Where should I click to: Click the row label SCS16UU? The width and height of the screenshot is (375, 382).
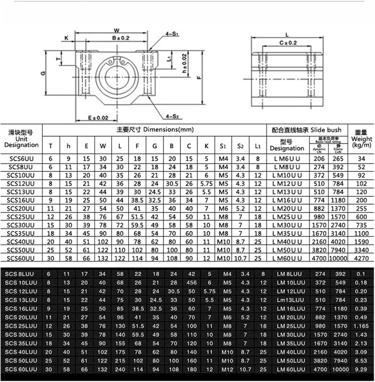[20, 200]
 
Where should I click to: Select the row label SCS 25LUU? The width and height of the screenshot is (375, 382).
[21, 326]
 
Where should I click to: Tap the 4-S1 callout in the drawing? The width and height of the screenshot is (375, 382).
[172, 34]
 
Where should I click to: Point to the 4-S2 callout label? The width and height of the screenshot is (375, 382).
[172, 116]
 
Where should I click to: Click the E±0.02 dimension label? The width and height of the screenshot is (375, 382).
[98, 118]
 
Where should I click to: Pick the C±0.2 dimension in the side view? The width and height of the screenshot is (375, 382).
[288, 43]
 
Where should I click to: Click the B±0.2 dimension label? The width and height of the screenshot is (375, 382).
[121, 38]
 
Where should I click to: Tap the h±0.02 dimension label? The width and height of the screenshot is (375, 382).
[184, 63]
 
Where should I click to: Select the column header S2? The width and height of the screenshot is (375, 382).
[240, 146]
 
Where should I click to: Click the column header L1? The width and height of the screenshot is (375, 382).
[258, 146]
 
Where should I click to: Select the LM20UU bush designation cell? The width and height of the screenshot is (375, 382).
[287, 209]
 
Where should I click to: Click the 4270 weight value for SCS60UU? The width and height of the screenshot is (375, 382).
[361, 258]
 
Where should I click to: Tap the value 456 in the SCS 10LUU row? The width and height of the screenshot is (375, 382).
[191, 283]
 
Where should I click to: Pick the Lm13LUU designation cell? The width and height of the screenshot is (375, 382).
[290, 300]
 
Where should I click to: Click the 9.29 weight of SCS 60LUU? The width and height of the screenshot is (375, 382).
[361, 369]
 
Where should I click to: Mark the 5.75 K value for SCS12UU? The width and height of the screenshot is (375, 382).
[206, 184]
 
